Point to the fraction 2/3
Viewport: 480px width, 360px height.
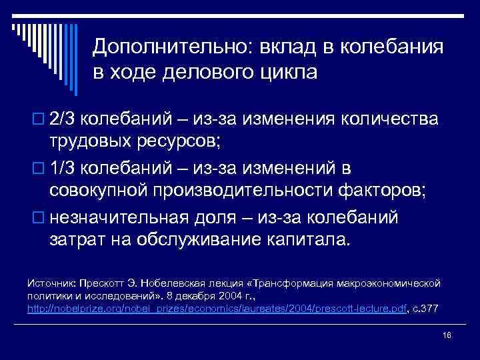point(64,119)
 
